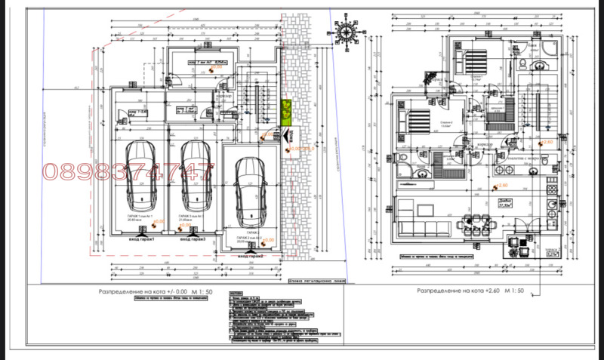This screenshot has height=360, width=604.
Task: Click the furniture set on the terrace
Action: (519, 240)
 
